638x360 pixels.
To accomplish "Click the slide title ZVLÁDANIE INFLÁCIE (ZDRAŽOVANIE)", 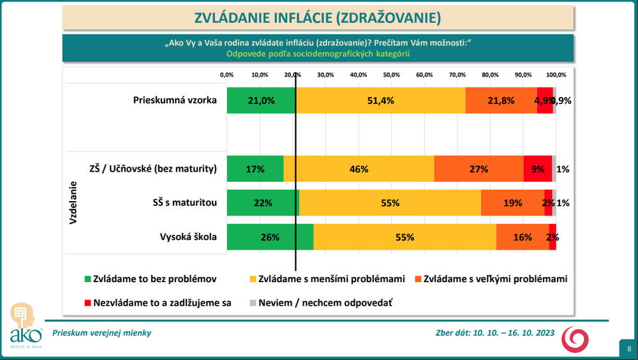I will tap(318, 17).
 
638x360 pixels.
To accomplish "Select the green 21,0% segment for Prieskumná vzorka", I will tap(261, 100).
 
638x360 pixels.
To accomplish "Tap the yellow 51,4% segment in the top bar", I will tap(380, 100).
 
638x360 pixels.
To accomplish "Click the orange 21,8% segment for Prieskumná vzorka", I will tap(501, 100).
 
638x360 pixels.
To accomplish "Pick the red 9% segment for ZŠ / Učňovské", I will tap(537, 169).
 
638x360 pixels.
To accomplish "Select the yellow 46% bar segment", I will tap(359, 169).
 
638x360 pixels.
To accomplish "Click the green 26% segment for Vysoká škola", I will tap(270, 237).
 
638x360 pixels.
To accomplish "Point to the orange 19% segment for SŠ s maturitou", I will tap(512, 203).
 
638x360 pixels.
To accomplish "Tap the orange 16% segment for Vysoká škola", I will tap(522, 237).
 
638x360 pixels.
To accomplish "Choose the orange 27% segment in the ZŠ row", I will tap(478, 169).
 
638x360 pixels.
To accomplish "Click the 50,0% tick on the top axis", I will tap(391, 75).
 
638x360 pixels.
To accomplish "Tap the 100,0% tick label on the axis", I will tap(556, 75).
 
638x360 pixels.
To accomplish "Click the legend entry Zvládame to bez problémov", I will tap(151, 279).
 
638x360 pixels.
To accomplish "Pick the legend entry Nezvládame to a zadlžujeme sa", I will tap(157, 302).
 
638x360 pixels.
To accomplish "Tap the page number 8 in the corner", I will tap(628, 349).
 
